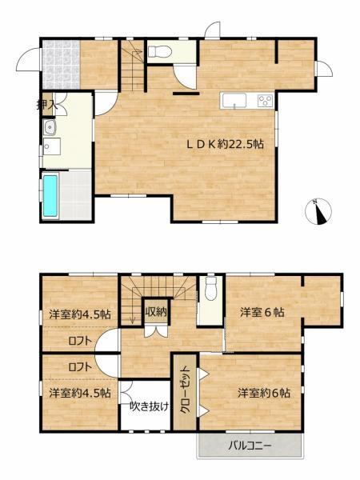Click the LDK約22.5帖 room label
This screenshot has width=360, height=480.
(226, 144)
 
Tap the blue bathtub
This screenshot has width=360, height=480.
(50, 196)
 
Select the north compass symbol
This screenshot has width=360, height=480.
(318, 211)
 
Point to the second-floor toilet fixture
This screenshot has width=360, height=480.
(210, 288)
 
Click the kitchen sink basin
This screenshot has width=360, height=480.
(234, 101)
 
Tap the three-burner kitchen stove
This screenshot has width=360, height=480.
(265, 101)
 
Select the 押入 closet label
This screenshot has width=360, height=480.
(46, 106)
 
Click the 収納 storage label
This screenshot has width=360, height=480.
(156, 312)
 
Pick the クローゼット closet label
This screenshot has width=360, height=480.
(185, 391)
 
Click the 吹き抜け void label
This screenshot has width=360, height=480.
(150, 406)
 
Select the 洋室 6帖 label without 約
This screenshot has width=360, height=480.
(262, 313)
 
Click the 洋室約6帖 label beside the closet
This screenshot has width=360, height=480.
(264, 393)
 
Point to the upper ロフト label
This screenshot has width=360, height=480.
(80, 341)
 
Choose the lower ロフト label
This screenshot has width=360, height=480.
(80, 367)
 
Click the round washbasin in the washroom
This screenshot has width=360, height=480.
(49, 128)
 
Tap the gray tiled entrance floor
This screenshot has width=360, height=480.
(61, 64)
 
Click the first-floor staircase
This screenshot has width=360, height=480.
(133, 66)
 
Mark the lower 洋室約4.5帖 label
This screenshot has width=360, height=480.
(80, 393)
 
